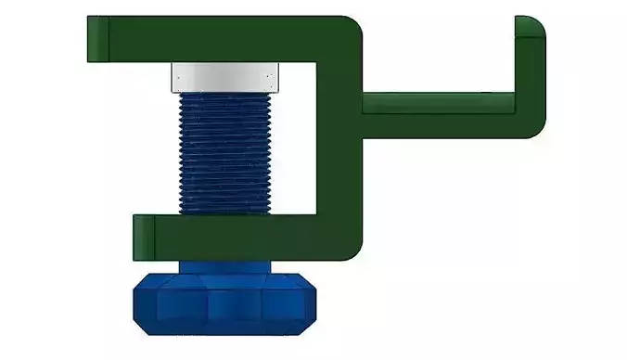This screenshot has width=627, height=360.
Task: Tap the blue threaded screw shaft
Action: [225, 148]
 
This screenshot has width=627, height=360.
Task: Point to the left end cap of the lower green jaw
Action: [143, 236]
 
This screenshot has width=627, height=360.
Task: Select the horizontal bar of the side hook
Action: [436, 102]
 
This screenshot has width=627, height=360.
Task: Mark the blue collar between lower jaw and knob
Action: [225, 266]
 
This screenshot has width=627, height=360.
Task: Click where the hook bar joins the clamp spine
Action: [363, 102]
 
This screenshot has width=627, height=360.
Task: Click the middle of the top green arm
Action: [223, 39]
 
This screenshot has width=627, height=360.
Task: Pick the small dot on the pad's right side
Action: [267, 77]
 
